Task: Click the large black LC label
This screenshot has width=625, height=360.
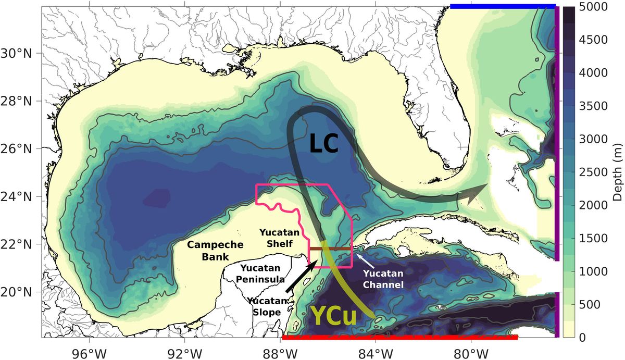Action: [x=324, y=143]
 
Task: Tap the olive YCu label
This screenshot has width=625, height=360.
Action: [x=334, y=316]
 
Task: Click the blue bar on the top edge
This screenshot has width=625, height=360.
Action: [x=503, y=6]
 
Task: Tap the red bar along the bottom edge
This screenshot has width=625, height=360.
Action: [x=399, y=338]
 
